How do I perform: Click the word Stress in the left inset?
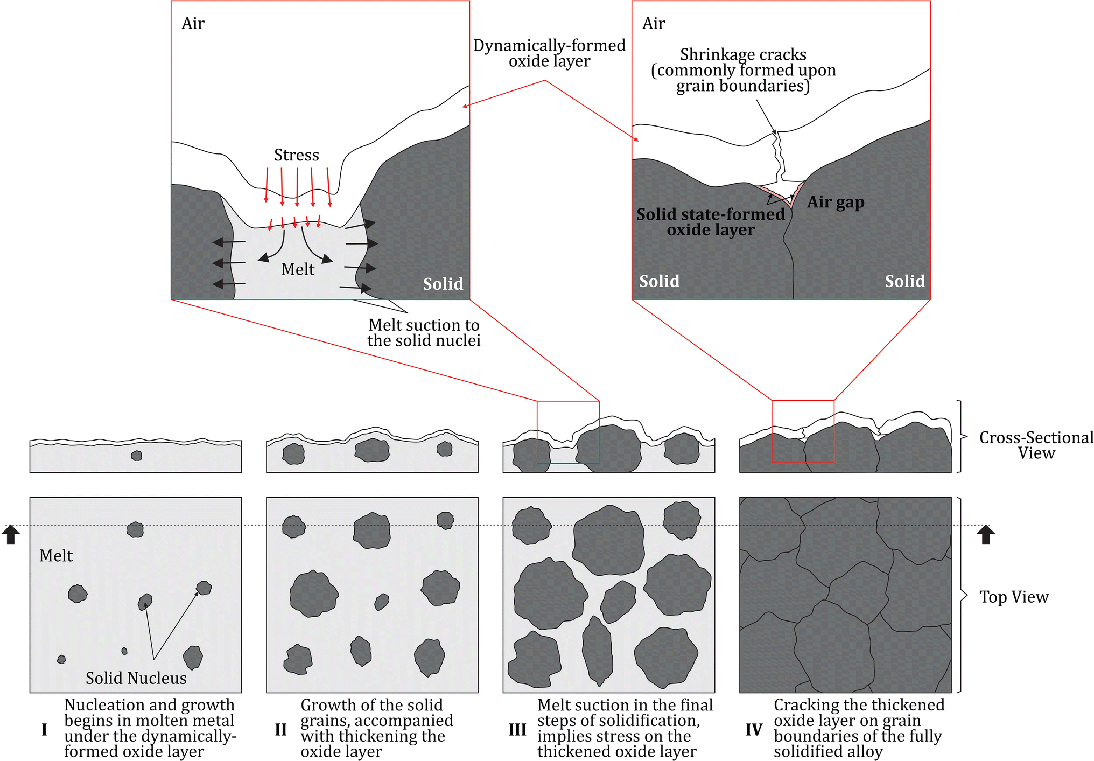coord(296,155)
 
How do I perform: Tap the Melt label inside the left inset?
coord(298,269)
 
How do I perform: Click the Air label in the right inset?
coord(654,24)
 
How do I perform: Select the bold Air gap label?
coord(836,202)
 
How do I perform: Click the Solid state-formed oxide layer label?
coord(711,222)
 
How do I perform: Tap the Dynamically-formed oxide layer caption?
coord(549,53)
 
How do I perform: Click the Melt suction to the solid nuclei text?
coord(424,333)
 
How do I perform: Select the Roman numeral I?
coord(44,730)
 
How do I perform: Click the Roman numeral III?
coord(517,730)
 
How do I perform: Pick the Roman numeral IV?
coord(754,730)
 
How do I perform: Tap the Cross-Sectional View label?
coord(1036,445)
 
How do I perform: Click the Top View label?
coord(1014,597)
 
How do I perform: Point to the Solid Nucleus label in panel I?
coord(136,678)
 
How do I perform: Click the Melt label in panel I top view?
coord(56,556)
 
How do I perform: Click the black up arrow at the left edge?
coord(11,535)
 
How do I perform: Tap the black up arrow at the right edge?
coord(986,535)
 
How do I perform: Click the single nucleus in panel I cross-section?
coord(137,456)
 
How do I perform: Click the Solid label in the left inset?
coord(443,284)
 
